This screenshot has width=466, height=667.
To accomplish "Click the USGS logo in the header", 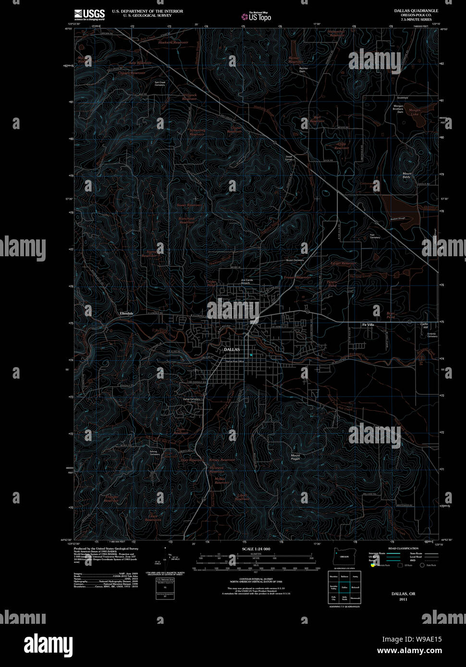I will (x=89, y=14).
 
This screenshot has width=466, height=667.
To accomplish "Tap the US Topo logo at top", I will (x=257, y=17).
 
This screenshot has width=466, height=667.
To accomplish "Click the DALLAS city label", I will (x=232, y=350).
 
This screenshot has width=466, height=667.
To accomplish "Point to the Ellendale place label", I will (x=126, y=313).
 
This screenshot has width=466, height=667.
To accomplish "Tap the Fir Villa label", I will (x=368, y=325).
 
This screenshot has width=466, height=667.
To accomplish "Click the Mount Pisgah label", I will (x=295, y=457).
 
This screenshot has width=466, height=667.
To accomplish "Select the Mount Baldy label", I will (x=406, y=175).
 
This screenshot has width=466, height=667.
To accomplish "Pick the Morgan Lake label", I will (x=414, y=112).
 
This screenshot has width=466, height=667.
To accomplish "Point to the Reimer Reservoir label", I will (x=294, y=60).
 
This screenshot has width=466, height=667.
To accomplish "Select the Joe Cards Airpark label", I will (x=246, y=281).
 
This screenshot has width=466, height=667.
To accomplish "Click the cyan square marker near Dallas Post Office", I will (x=251, y=355).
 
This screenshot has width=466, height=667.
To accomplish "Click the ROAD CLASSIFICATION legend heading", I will (x=398, y=548).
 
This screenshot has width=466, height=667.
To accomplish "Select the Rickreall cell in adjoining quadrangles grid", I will (x=355, y=587).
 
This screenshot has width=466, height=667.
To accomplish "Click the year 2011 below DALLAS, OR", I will (x=403, y=599).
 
